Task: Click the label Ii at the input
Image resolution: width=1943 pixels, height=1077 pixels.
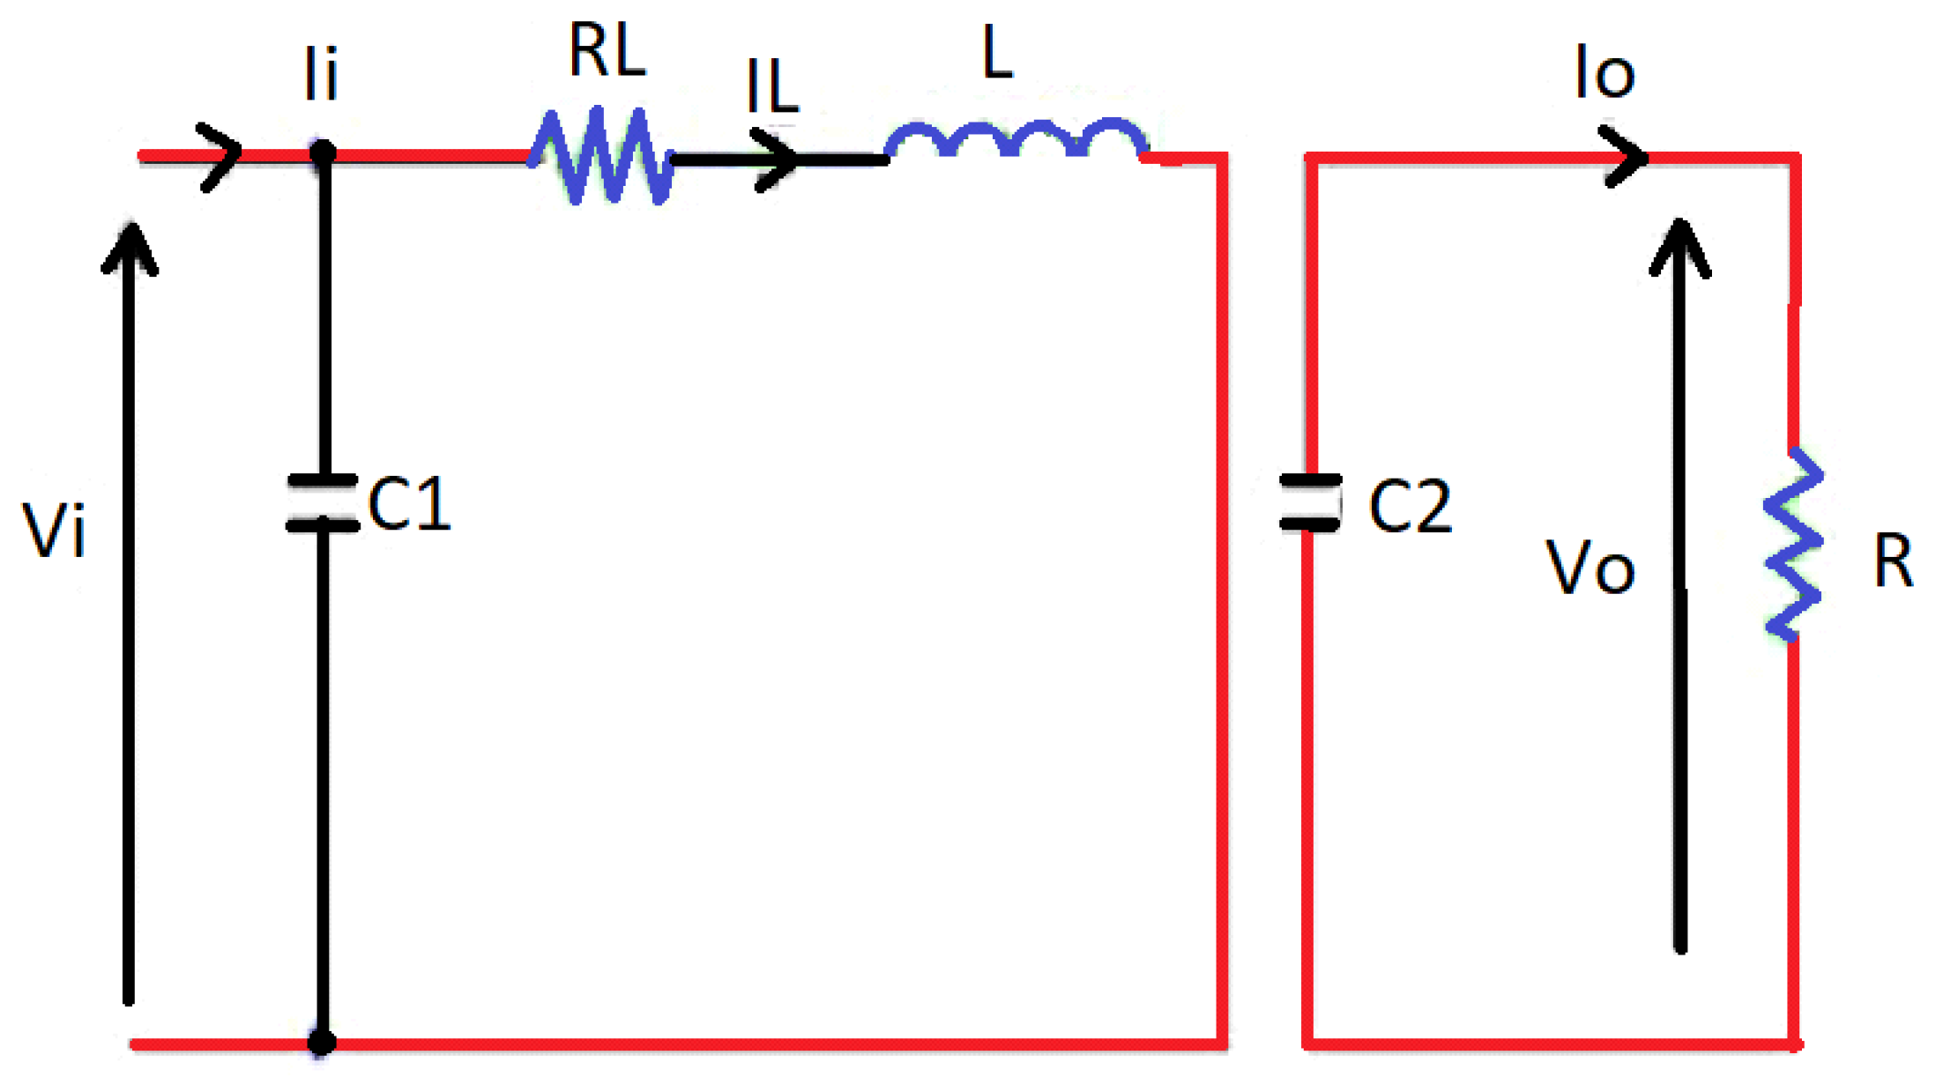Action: (320, 74)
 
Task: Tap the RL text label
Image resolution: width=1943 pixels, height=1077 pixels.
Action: (607, 51)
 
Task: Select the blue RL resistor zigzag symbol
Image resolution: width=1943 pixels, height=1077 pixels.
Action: (602, 156)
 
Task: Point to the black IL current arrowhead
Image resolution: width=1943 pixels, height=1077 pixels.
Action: (779, 159)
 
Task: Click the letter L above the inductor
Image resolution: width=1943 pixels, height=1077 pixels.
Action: (997, 53)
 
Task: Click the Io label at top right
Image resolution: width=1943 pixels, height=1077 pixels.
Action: (1604, 72)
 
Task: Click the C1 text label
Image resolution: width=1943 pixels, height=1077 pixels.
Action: (409, 504)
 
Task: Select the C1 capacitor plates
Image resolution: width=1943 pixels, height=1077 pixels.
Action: (323, 503)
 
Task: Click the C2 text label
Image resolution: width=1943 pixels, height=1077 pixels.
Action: (1410, 507)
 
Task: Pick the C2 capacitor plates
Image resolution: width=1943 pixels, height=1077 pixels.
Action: (1310, 502)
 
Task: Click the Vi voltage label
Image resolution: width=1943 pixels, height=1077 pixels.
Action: (54, 531)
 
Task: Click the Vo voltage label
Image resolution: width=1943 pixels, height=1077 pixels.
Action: (1590, 568)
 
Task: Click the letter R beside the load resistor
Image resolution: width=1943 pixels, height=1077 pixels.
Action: (1893, 561)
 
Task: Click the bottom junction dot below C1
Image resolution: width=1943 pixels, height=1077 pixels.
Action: (322, 1043)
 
